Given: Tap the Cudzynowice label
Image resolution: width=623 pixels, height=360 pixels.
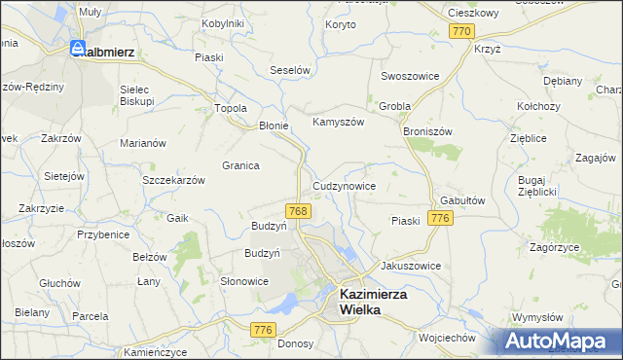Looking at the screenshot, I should tap(344, 186).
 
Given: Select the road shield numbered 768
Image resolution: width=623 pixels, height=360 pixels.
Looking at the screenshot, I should tap(299, 211).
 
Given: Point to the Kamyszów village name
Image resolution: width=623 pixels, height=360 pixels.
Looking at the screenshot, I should tap(337, 123).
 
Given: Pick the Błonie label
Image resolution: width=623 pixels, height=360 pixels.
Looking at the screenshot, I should tap(274, 126).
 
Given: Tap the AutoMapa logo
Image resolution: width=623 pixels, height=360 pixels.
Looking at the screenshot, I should tap(563, 342).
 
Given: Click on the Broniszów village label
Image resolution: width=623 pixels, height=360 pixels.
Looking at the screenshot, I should tap(427, 128).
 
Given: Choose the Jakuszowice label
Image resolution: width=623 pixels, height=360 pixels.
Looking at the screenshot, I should tap(411, 266).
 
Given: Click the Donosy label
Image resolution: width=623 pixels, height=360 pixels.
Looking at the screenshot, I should tap(295, 342).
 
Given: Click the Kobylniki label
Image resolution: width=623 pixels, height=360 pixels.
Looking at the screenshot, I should tap(222, 23).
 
